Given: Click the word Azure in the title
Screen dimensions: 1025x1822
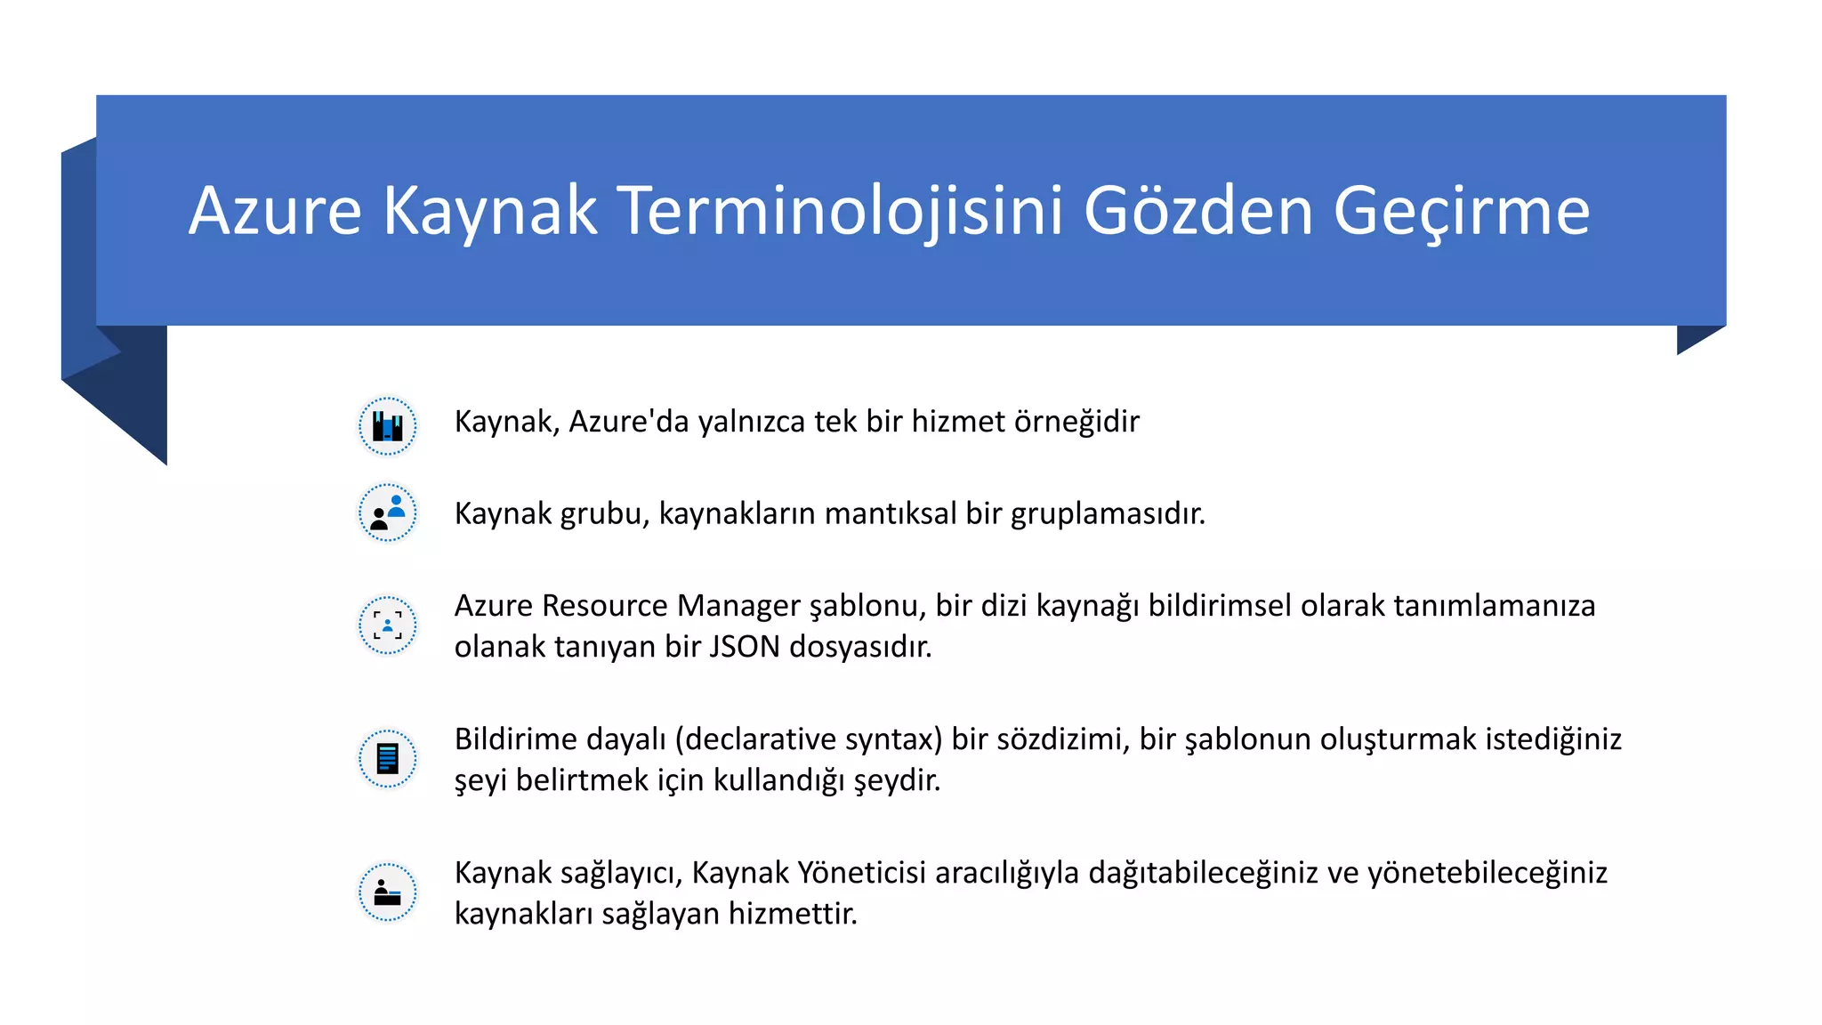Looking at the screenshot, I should pos(275,211).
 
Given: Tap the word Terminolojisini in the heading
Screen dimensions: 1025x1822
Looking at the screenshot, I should pos(839,211).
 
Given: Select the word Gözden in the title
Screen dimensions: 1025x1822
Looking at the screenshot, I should pos(1197,211).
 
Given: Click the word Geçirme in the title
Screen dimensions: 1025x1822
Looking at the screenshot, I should pos(1461,211).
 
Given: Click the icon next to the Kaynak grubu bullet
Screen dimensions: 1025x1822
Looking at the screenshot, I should pos(387,513).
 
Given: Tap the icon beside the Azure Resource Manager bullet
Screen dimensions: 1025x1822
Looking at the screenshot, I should pos(387,625).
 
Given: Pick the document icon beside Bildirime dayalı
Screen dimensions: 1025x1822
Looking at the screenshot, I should pos(387,759).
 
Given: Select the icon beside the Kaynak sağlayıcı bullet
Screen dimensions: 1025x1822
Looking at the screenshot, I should pos(387,892).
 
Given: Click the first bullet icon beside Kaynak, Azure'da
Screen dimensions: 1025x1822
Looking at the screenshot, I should pos(387,426).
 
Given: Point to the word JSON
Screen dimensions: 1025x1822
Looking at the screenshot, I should pos(745,647).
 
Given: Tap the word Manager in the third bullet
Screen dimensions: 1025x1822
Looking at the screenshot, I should pos(738,606).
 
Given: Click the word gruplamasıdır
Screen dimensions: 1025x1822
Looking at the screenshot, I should pos(1108,514).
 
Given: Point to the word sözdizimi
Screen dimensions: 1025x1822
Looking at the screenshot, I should pos(1062,739).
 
